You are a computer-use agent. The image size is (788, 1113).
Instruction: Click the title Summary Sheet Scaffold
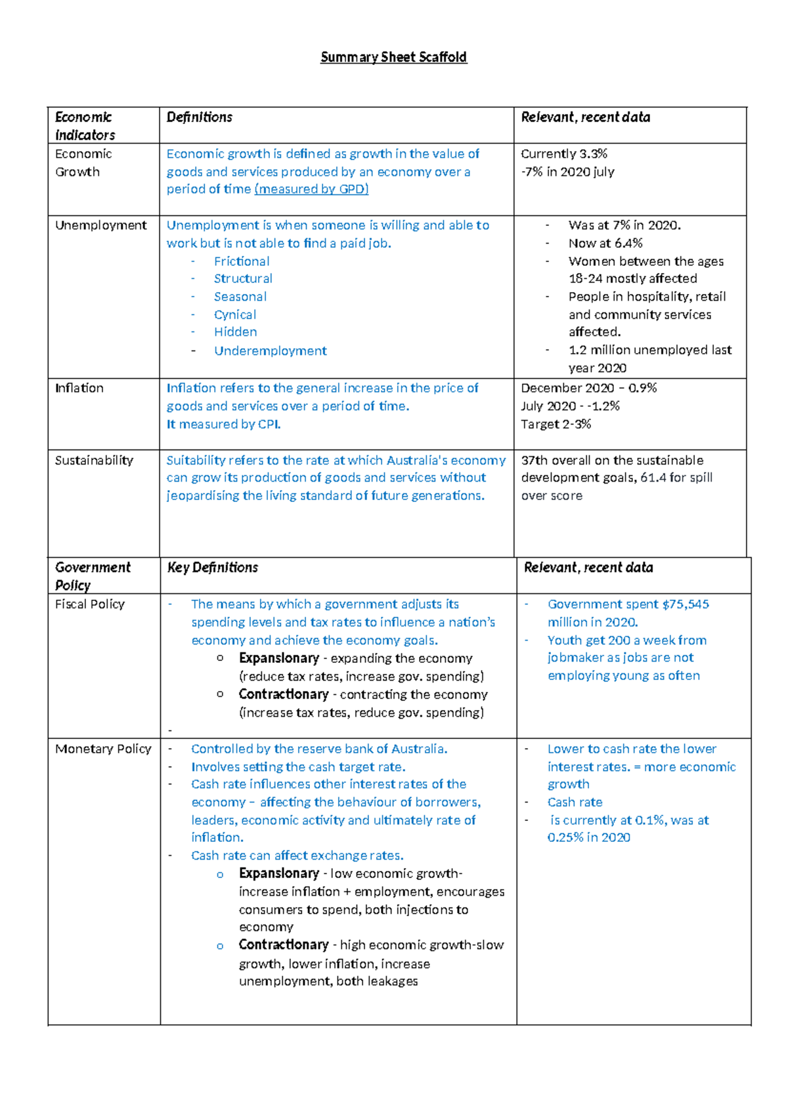click(x=393, y=57)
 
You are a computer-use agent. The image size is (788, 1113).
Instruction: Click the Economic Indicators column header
click(x=85, y=125)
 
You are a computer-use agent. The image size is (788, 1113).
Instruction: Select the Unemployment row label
click(x=100, y=225)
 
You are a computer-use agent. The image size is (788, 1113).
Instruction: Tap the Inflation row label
click(x=79, y=388)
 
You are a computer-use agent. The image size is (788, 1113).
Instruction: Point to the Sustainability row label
click(x=94, y=460)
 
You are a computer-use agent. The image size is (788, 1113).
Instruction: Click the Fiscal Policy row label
click(x=90, y=604)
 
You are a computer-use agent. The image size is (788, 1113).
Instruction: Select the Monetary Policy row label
click(x=103, y=749)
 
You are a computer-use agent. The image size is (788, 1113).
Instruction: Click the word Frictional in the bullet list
click(x=242, y=261)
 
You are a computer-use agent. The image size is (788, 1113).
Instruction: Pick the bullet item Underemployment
click(x=270, y=350)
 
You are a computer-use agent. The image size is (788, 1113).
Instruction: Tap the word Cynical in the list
click(x=235, y=315)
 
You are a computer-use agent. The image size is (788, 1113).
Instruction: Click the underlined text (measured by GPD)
click(x=311, y=189)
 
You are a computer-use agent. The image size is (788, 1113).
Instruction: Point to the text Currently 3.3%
click(x=564, y=154)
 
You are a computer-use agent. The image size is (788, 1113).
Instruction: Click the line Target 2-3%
click(x=556, y=424)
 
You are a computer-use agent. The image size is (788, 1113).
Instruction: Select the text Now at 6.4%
click(x=605, y=243)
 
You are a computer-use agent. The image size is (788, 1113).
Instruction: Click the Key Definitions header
click(x=213, y=567)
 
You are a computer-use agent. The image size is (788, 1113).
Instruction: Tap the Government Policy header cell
click(x=93, y=576)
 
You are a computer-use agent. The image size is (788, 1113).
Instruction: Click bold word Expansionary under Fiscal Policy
click(x=278, y=658)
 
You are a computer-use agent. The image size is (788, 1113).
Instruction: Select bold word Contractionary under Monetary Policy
click(x=283, y=944)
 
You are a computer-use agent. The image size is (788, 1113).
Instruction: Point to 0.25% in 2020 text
click(x=588, y=837)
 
